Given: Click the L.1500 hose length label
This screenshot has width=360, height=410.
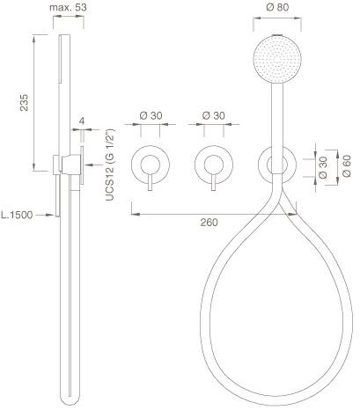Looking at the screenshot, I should (17, 213).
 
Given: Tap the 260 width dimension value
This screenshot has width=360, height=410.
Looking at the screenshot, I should (208, 223).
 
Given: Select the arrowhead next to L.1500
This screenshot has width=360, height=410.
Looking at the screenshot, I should (51, 213).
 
